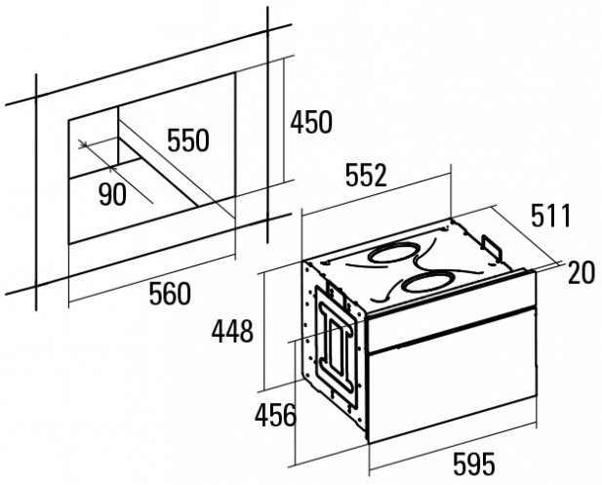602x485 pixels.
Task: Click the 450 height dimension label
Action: pos(311,122)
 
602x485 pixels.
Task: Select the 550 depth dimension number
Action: pos(188,141)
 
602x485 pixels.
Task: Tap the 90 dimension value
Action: pos(112,194)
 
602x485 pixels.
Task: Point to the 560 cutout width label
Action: pos(170,294)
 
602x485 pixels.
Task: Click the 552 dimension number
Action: pos(366,175)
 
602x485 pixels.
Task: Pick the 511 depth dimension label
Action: pos(551,216)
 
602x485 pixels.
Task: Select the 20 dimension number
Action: pos(582,272)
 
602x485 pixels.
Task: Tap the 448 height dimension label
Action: pos(232,331)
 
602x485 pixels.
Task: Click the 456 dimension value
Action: pos(276,415)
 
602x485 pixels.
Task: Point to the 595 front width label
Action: pos(474,464)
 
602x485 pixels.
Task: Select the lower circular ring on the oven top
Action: pos(427,283)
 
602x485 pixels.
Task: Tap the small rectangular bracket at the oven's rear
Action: pos(492,246)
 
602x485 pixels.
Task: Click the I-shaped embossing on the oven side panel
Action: pos(338,342)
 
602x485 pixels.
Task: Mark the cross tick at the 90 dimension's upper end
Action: pos(83,144)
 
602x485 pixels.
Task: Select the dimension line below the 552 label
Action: pos(377,192)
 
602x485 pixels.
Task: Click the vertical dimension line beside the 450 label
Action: pos(284,121)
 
